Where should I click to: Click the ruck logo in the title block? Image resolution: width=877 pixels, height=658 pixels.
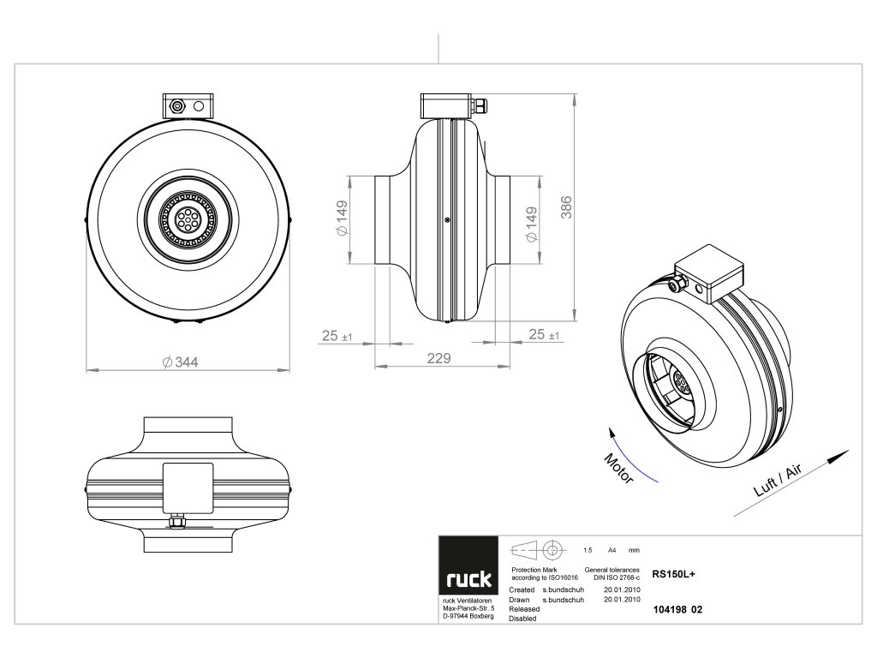point(468,580)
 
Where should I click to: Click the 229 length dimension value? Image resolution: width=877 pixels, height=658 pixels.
point(438,359)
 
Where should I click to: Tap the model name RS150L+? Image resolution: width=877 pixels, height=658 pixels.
point(673,576)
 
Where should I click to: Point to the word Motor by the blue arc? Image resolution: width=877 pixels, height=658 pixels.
point(618,468)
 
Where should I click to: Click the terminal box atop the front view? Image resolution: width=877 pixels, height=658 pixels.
point(189,107)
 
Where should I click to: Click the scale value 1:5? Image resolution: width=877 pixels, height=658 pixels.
point(588,549)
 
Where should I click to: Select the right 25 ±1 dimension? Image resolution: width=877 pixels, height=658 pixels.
point(543,334)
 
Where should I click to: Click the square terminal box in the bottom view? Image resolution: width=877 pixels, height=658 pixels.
point(188,487)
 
